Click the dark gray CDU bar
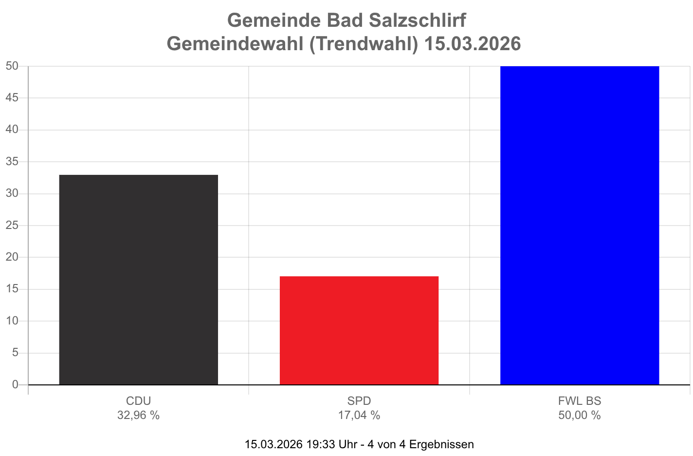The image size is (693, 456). click(x=139, y=279)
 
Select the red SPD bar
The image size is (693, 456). click(x=359, y=330)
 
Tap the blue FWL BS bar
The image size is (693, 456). click(x=580, y=225)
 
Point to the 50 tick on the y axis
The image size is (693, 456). click(x=12, y=66)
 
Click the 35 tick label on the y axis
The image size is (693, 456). click(x=12, y=161)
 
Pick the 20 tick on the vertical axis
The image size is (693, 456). click(x=12, y=257)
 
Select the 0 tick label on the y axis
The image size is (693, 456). click(x=15, y=384)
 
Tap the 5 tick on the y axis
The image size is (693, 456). click(x=15, y=352)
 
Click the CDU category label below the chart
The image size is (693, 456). click(x=139, y=401)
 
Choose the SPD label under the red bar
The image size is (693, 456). click(x=359, y=401)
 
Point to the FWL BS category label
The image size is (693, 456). click(x=580, y=401)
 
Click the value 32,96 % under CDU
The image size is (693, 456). click(x=139, y=415)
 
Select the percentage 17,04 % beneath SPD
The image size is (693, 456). click(x=359, y=415)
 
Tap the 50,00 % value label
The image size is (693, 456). click(x=580, y=415)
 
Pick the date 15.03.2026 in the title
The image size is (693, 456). click(x=472, y=44)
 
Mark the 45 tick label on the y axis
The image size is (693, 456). click(x=12, y=97)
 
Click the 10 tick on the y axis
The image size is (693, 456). click(x=12, y=321)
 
